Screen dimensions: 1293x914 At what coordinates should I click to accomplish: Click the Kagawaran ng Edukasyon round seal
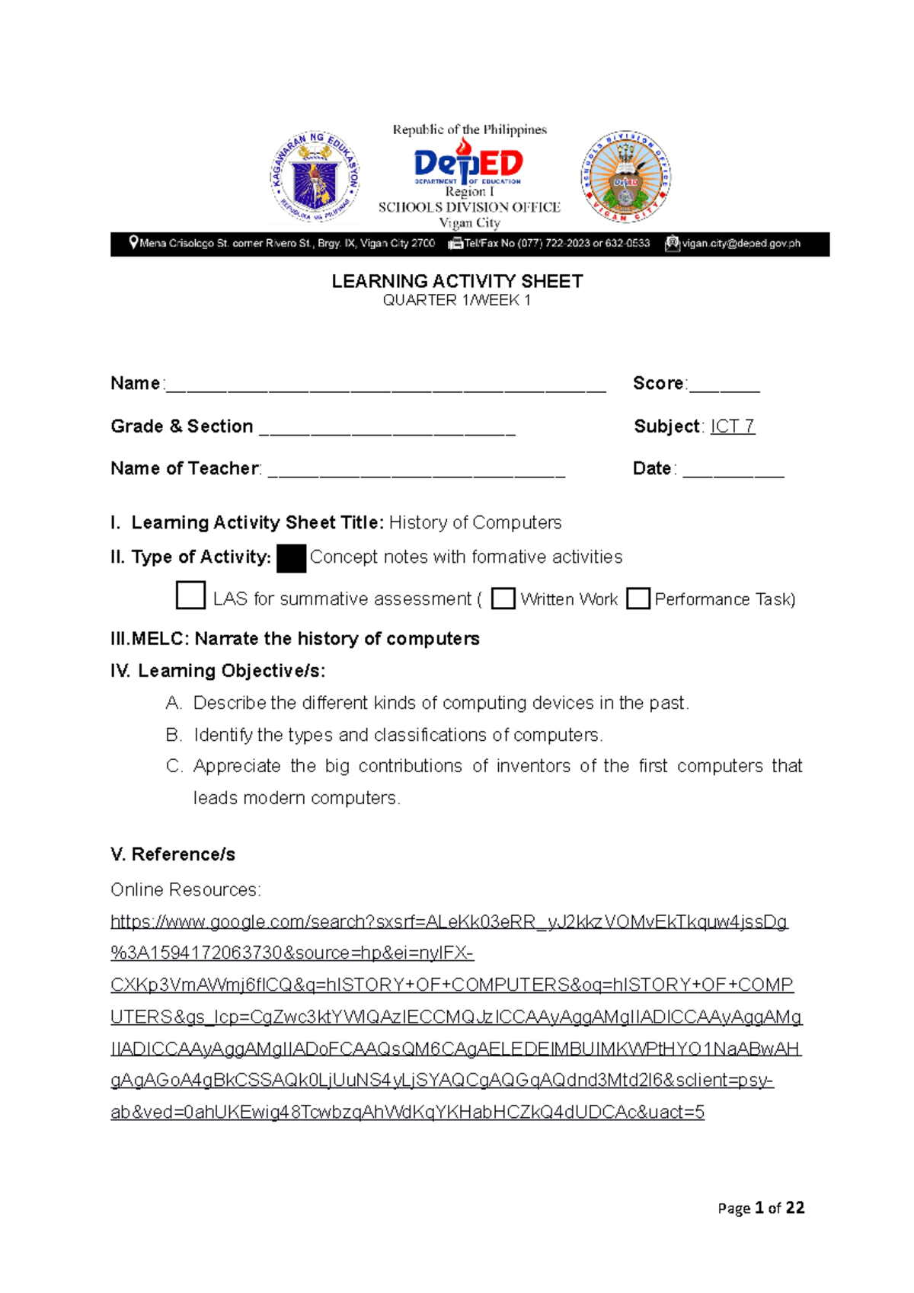click(x=315, y=177)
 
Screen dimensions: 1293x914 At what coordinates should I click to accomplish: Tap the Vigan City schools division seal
click(x=625, y=177)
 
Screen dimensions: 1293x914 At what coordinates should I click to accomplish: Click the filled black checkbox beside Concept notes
click(x=291, y=558)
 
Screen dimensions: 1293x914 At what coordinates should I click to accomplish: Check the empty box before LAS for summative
click(x=190, y=595)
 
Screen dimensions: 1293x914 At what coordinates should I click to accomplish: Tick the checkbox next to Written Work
click(x=503, y=599)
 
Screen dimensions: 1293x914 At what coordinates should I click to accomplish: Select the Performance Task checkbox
click(x=638, y=599)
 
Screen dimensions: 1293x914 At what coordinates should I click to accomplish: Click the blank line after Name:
click(x=385, y=387)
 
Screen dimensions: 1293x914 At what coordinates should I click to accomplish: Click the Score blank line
click(x=724, y=387)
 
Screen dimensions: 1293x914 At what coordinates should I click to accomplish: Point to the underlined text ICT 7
click(x=732, y=426)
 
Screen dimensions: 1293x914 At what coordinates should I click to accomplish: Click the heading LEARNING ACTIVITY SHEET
click(x=457, y=282)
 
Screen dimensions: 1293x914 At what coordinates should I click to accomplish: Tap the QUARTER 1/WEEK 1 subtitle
click(x=457, y=301)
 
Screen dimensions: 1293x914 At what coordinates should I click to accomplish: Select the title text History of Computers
click(x=475, y=522)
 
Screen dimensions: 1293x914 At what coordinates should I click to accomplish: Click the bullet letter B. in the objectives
click(x=174, y=735)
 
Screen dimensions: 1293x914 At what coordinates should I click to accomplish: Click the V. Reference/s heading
click(x=173, y=854)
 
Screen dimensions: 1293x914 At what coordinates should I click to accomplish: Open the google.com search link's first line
click(x=449, y=922)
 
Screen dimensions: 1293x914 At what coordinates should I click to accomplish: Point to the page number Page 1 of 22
click(x=761, y=1208)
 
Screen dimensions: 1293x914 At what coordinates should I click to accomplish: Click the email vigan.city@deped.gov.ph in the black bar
click(x=740, y=244)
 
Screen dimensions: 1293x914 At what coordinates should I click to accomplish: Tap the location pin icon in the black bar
click(x=134, y=243)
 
